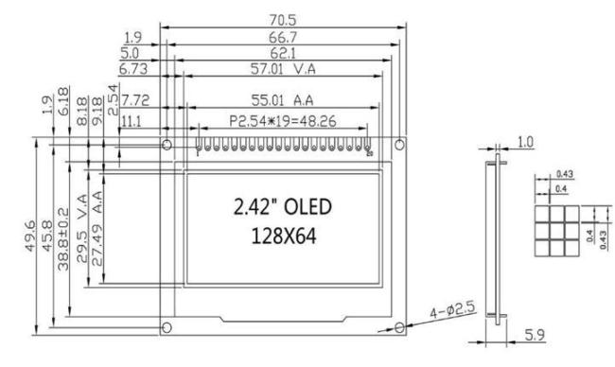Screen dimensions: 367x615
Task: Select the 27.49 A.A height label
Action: tap(96, 233)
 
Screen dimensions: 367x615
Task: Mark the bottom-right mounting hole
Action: tap(399, 327)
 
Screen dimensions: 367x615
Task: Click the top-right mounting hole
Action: tap(399, 145)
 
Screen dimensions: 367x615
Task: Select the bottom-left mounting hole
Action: tap(167, 327)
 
